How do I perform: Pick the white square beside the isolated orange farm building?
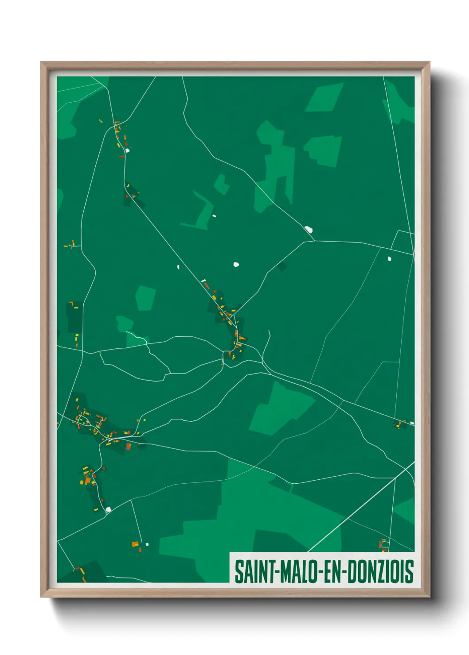point(147,544)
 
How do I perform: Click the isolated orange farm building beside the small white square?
point(135,544)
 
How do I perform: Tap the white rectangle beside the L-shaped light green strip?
point(214,216)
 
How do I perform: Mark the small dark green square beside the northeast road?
point(282,266)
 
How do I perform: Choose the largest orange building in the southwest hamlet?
point(88,481)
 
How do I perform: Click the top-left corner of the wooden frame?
point(41,62)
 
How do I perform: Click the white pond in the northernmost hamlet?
point(127,150)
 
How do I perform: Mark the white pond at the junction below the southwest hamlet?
point(108,509)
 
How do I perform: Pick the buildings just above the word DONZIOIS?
point(383,545)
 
